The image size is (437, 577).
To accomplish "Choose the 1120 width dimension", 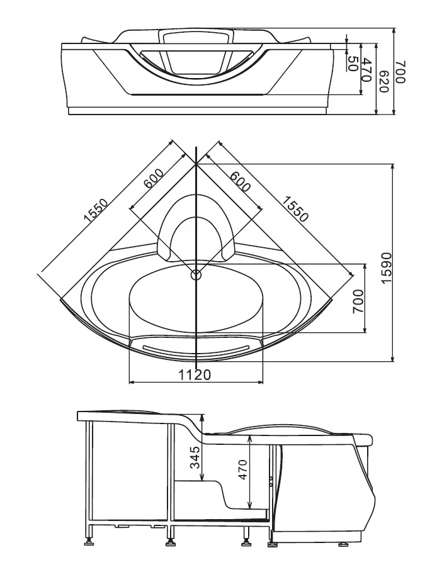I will coord(194,374).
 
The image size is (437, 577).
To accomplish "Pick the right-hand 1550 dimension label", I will coord(295,210).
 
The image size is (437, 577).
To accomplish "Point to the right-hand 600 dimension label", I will coord(240,180).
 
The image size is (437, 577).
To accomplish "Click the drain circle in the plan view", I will coord(196,274).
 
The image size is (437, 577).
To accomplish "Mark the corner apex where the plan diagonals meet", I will coord(196,163).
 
